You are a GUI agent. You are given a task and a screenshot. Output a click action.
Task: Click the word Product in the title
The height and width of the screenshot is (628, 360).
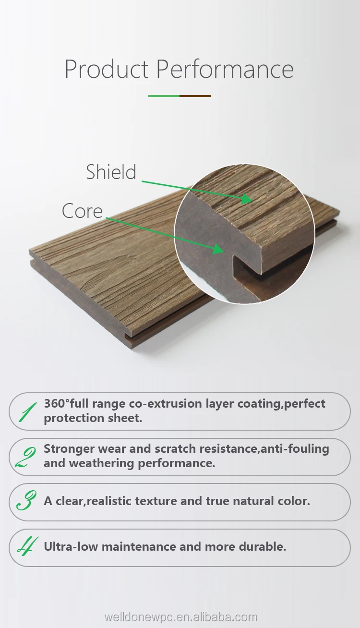coord(107,69)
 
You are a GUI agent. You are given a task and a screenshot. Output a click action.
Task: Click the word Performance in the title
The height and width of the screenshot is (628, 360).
coord(225,69)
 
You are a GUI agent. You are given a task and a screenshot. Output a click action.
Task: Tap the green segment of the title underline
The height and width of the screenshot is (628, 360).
coord(164,96)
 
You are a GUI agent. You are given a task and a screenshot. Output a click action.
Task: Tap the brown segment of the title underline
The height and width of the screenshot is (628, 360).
coord(195,96)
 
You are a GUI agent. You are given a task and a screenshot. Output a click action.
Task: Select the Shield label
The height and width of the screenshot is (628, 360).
coord(111,172)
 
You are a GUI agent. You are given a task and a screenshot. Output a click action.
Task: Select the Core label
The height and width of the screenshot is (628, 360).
coord(82,211)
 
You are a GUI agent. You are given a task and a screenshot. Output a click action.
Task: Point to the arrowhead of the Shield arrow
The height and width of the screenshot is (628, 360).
coord(247,198)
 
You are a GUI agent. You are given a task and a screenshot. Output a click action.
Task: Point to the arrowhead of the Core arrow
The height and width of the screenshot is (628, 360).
coord(218,249)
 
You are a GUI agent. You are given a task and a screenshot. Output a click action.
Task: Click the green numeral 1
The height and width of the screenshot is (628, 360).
coord(27,412)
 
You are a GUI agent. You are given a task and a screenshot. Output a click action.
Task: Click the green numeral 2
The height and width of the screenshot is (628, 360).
coord(26,458)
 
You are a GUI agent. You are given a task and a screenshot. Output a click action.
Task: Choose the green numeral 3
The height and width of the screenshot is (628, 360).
coord(27,501)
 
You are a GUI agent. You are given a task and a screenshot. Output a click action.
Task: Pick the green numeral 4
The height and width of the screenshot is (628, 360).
coord(27,546)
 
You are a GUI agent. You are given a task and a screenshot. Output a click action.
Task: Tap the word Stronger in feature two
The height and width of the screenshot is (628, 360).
coord(69,449)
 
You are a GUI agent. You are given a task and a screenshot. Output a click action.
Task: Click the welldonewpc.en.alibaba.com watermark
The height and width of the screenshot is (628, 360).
coord(180,617)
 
